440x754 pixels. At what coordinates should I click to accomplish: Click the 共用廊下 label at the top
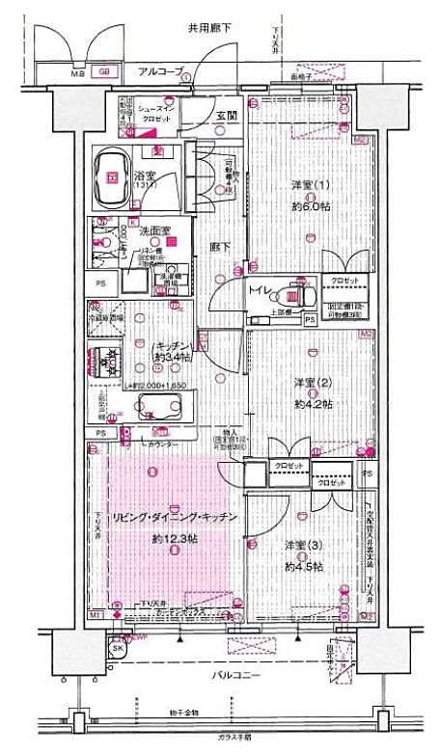pyautogui.click(x=210, y=28)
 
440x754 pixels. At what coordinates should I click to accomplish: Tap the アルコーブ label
pyautogui.click(x=160, y=71)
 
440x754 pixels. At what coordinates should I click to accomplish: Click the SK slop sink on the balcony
pyautogui.click(x=117, y=650)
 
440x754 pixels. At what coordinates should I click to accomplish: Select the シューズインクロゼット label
pyautogui.click(x=156, y=115)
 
